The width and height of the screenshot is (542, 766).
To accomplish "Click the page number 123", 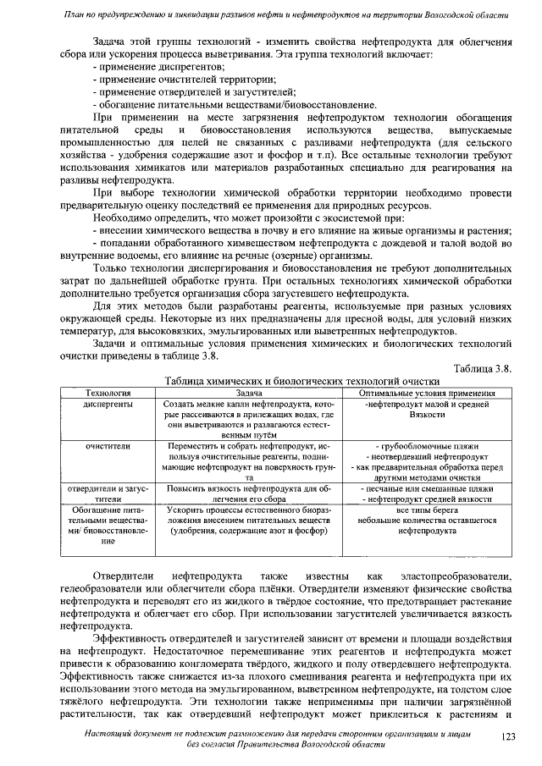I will coord(508,737).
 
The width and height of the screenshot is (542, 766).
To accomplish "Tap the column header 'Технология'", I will coord(109,394).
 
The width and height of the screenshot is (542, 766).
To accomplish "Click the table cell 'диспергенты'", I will coord(109,405).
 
